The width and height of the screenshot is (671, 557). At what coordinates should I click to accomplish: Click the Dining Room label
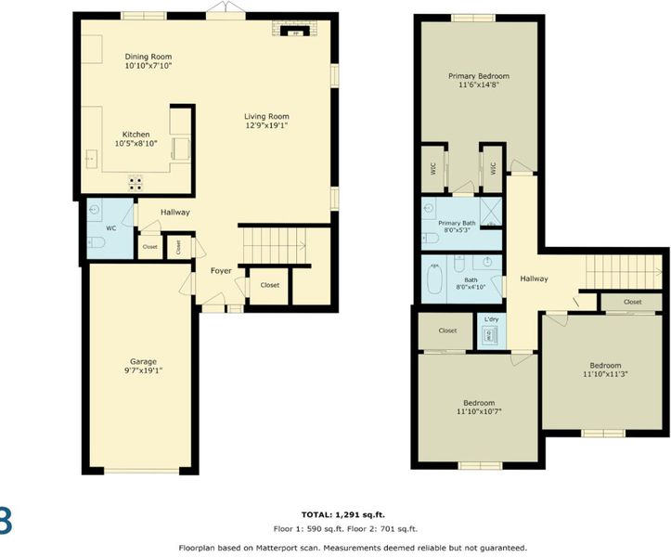(x=148, y=57)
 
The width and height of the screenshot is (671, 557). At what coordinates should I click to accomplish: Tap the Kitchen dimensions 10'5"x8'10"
(x=136, y=143)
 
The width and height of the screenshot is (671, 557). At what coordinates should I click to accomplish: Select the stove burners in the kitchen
(x=135, y=183)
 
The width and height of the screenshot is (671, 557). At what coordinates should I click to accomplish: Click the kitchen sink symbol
(x=91, y=159)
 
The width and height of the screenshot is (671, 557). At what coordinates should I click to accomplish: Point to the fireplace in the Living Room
(x=294, y=30)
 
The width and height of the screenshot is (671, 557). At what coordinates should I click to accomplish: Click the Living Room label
(x=266, y=116)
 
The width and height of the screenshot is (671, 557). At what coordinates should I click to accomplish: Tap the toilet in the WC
(x=97, y=243)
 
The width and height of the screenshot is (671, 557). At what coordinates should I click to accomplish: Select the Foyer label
(x=221, y=270)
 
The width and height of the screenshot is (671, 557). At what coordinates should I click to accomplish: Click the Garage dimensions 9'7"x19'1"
(x=143, y=370)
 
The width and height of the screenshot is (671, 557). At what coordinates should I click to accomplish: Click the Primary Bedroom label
(x=479, y=76)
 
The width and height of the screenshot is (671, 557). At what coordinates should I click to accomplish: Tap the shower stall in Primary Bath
(x=490, y=212)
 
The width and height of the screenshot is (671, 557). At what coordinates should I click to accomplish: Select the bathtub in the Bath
(x=434, y=278)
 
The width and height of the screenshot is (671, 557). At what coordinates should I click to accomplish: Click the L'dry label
(x=491, y=319)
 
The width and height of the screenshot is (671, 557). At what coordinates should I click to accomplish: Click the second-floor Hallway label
(x=534, y=278)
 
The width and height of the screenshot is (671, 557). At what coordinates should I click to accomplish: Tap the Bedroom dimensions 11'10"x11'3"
(x=605, y=374)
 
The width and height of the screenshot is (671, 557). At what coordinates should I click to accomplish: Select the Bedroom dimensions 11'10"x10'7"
(x=479, y=412)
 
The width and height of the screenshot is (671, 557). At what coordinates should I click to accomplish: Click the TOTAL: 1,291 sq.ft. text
(x=346, y=514)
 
